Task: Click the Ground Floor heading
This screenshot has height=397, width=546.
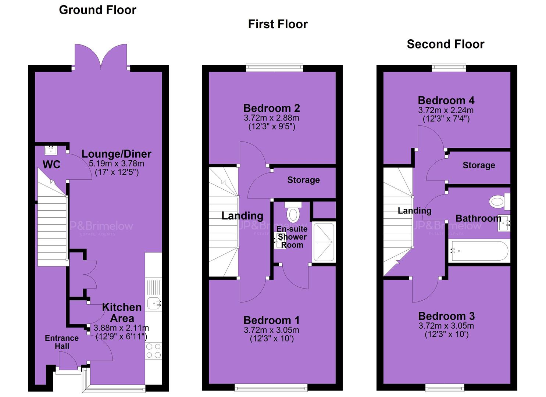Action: (97, 10)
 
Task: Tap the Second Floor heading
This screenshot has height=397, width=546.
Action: (446, 44)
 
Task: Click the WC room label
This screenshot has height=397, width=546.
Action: (51, 165)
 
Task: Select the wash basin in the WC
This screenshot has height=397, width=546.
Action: (51, 150)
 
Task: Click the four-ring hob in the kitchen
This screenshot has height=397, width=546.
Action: (154, 351)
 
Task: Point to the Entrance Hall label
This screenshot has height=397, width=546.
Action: (62, 342)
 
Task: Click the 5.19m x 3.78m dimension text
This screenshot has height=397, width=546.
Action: (117, 164)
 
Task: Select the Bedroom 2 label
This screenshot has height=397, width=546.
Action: (272, 108)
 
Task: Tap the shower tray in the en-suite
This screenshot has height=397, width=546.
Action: (324, 242)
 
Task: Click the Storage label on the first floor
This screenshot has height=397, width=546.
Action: (303, 180)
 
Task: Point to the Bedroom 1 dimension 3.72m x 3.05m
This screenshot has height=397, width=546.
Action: (272, 330)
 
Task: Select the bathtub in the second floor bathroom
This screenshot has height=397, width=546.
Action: (479, 251)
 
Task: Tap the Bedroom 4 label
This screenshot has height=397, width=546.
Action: (446, 100)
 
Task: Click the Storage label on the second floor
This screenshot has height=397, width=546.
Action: (479, 165)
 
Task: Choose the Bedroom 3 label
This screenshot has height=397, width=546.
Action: (446, 316)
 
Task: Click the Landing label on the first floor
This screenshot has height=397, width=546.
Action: (242, 216)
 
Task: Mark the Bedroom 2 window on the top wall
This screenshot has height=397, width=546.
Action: (274, 68)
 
